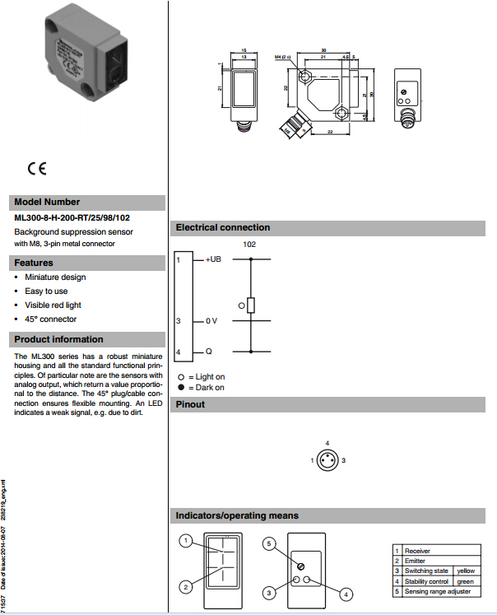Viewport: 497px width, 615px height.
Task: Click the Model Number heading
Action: tap(48, 202)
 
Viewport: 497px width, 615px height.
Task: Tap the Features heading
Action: tap(34, 263)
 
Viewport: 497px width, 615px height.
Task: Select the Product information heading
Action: tap(59, 339)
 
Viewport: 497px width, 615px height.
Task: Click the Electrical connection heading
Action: tap(223, 227)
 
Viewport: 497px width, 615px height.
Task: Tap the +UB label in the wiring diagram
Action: tap(213, 259)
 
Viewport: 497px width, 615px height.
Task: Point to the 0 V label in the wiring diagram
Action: tap(211, 321)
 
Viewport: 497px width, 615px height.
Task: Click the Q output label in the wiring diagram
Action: tap(209, 352)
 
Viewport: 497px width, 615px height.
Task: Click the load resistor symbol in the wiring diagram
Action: tap(251, 305)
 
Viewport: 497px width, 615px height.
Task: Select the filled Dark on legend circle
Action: tap(180, 387)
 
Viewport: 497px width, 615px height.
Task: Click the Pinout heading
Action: tap(191, 404)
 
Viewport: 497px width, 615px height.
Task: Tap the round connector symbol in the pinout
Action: tap(327, 460)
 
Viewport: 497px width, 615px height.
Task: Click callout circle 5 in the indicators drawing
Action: tap(267, 543)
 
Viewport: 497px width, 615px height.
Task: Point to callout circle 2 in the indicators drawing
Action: tap(187, 586)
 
